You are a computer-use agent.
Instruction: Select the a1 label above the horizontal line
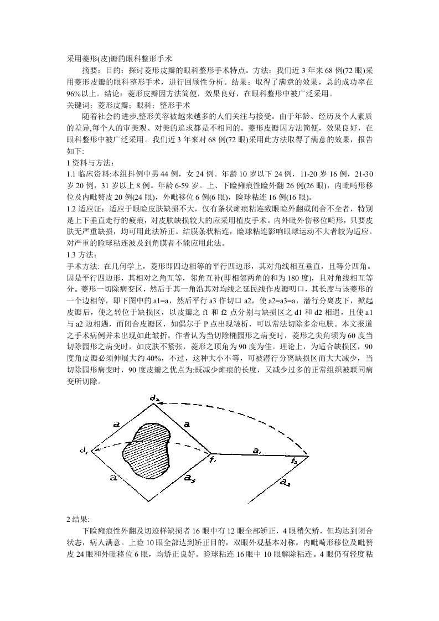pos(257,451)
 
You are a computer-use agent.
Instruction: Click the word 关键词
pos(78,104)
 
